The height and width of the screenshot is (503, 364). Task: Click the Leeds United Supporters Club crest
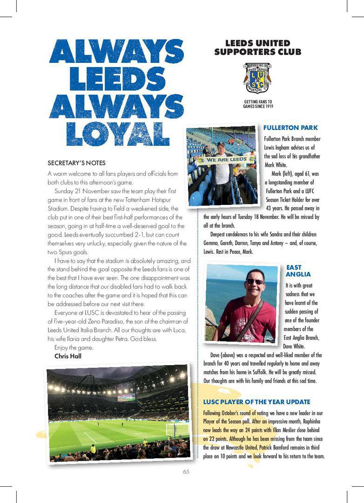coord(257,78)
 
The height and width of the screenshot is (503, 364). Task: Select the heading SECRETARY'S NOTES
coord(76,163)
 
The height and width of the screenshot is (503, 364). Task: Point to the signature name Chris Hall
coord(68,356)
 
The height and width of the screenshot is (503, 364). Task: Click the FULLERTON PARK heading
coord(290,128)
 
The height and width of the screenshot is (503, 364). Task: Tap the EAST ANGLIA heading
coord(298,271)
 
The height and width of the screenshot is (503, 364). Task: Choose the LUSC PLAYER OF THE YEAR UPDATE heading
coord(256,402)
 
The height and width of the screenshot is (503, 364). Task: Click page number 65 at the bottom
coord(186,472)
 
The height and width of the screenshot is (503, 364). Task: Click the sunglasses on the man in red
coord(255,282)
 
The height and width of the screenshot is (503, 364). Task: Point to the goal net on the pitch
coord(177,429)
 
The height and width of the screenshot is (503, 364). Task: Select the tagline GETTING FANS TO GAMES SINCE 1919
coord(258,104)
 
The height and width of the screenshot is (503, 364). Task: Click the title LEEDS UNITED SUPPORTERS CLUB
coord(257,48)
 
